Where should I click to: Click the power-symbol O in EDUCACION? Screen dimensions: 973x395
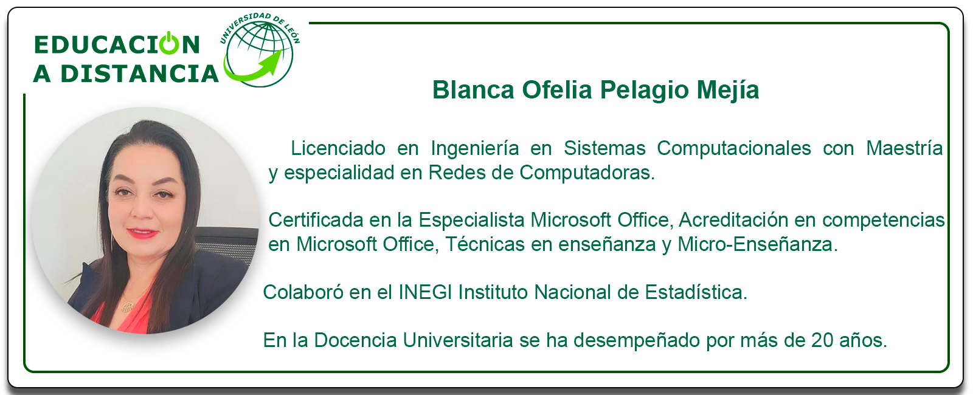point(169,43)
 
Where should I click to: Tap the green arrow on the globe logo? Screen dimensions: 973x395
point(253,68)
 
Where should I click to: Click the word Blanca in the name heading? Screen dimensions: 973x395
point(473,90)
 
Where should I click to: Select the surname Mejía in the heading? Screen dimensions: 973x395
point(728,91)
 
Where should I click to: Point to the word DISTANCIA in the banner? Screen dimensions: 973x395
point(139,74)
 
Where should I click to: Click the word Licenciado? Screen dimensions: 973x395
point(338,148)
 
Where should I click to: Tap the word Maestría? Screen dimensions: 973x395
point(904,148)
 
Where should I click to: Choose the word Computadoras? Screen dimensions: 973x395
point(587,173)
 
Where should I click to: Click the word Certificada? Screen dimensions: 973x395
point(316,220)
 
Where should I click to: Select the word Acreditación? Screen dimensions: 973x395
point(733,220)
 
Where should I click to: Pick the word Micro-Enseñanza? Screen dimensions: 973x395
point(758,244)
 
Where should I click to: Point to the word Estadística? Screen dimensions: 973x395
point(696,292)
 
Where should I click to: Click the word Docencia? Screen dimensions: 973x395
point(355,340)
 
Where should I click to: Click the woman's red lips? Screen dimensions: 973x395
point(142,233)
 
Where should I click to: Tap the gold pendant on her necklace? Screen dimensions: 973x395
point(126,306)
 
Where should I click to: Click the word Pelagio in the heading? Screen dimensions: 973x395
point(645,91)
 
